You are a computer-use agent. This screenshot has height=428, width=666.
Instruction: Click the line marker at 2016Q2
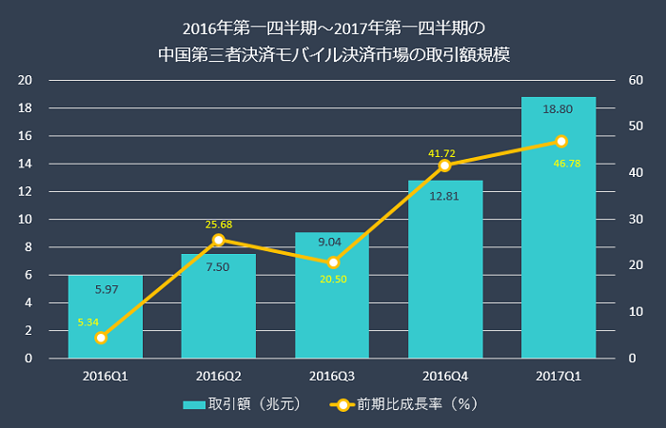218,240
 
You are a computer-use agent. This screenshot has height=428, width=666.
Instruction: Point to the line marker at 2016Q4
444,165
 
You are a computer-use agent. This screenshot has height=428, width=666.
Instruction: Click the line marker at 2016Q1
101,338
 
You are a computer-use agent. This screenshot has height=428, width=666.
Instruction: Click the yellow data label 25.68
219,224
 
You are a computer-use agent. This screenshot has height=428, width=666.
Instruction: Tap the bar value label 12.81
444,196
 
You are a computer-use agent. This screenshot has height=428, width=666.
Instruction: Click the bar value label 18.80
558,109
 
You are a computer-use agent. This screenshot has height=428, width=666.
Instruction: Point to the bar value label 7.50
218,267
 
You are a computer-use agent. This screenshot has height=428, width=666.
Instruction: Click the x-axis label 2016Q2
218,376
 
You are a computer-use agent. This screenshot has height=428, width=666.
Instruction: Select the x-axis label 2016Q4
444,376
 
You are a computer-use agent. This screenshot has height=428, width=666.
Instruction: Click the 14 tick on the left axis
28,164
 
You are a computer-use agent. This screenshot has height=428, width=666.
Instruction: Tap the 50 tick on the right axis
634,126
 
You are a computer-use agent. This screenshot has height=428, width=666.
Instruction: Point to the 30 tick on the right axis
634,219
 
